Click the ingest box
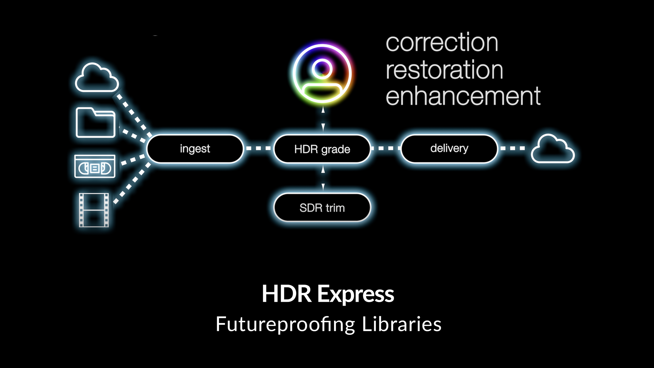(x=195, y=149)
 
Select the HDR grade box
(x=322, y=149)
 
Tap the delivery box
(x=449, y=148)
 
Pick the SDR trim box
(x=322, y=208)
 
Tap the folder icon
(x=95, y=122)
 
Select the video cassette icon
(x=95, y=166)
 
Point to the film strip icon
(x=94, y=210)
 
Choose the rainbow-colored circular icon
(x=322, y=74)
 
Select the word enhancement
(x=463, y=96)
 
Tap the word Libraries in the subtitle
(x=402, y=324)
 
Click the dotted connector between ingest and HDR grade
(x=258, y=148)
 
